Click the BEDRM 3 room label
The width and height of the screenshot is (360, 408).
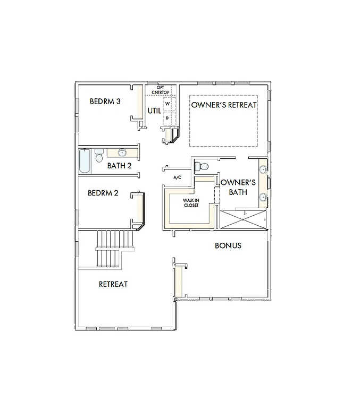(105, 101)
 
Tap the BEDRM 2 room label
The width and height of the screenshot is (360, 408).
(103, 193)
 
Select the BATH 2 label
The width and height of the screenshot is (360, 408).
(119, 165)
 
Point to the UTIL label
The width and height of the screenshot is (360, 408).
(154, 110)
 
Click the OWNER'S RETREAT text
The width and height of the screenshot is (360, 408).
(223, 105)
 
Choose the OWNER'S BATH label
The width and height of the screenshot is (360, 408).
(238, 187)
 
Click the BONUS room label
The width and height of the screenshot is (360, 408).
(228, 245)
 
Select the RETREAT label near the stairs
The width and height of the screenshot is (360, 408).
(113, 284)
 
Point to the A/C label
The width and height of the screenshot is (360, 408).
(178, 177)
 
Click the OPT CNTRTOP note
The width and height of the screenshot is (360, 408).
(163, 90)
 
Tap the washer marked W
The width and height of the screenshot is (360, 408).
(167, 103)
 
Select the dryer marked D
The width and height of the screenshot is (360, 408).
(167, 117)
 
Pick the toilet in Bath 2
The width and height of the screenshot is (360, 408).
(99, 156)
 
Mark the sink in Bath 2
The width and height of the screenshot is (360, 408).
(122, 153)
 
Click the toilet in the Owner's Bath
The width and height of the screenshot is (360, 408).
(201, 166)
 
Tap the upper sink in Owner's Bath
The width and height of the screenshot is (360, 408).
(263, 171)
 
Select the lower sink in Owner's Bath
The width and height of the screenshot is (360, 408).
(263, 198)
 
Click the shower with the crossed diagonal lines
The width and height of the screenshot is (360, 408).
(243, 219)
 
